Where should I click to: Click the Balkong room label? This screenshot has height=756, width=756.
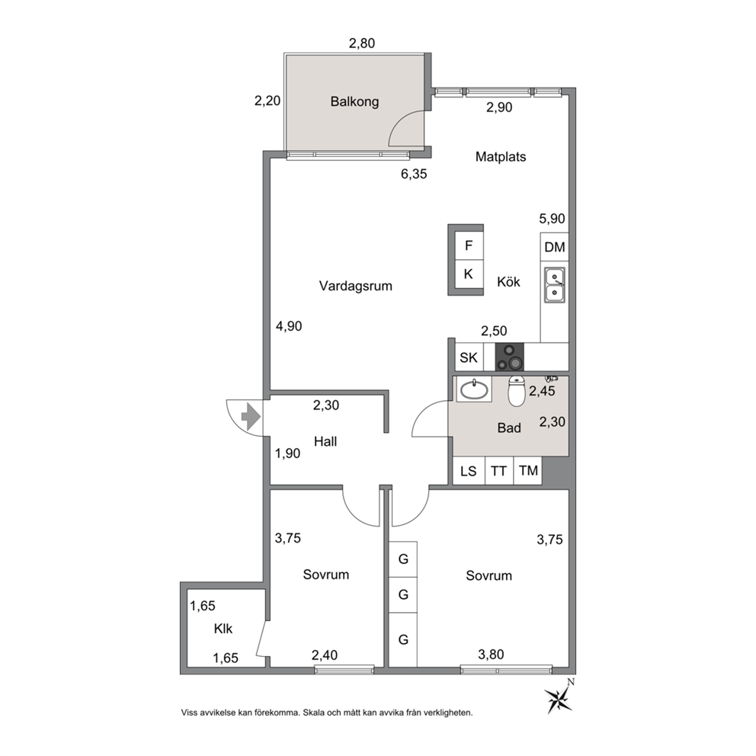(354, 101)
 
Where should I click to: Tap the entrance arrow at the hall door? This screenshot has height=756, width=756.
(251, 417)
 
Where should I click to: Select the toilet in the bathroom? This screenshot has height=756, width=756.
(517, 391)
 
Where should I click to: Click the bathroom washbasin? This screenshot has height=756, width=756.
(474, 389)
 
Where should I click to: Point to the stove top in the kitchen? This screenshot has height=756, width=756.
(510, 357)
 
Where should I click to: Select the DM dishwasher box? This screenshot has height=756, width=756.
(555, 248)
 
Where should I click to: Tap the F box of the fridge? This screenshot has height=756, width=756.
(469, 246)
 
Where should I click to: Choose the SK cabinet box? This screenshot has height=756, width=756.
(469, 357)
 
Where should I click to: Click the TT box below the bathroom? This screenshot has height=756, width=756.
(498, 470)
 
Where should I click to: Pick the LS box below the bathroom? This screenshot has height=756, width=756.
(469, 470)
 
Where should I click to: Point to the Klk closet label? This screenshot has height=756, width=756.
(223, 629)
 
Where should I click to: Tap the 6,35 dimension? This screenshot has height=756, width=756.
(414, 174)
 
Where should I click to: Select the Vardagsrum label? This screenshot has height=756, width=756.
(356, 286)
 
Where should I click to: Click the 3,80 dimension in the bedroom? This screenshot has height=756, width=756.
(491, 655)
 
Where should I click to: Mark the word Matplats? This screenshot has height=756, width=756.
(501, 157)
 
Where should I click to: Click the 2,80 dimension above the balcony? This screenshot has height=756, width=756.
(362, 43)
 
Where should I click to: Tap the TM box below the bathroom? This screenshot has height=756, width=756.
(528, 470)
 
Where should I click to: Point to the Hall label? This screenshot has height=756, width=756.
(325, 442)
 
